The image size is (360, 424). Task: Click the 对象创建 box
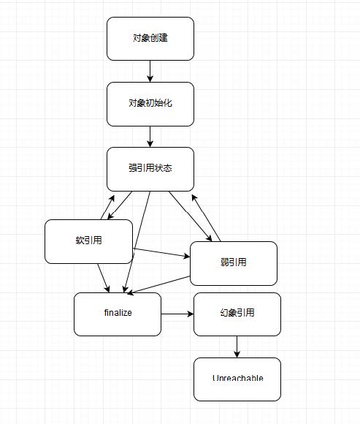(x=150, y=38)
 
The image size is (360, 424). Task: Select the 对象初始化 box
(x=150, y=104)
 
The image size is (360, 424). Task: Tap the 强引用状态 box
(x=150, y=169)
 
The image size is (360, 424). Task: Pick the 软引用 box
(x=88, y=241)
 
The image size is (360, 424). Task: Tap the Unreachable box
(x=237, y=379)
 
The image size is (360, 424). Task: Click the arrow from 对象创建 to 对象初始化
(x=150, y=71)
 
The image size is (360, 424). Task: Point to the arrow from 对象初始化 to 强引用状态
(x=150, y=136)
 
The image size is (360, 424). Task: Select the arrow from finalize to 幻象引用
(x=177, y=314)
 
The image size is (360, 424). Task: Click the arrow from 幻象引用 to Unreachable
(x=237, y=347)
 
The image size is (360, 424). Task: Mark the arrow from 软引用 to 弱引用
(x=161, y=253)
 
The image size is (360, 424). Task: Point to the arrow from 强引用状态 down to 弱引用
(x=191, y=216)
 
